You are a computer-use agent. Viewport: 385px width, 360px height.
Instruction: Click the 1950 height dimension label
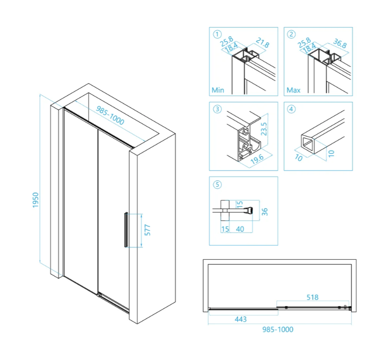pyautogui.click(x=36, y=200)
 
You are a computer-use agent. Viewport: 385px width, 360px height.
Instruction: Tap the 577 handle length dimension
pyautogui.click(x=147, y=230)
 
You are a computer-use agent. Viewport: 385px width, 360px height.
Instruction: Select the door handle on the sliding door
pyautogui.click(x=126, y=229)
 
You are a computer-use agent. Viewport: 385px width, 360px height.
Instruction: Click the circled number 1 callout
pyautogui.click(x=217, y=34)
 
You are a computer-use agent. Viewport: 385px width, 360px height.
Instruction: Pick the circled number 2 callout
pyautogui.click(x=291, y=34)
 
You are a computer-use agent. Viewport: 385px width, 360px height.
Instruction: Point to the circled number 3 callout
pyautogui.click(x=217, y=109)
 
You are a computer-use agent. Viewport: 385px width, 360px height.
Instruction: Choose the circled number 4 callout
pyautogui.click(x=291, y=109)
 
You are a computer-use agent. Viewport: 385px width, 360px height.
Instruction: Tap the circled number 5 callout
pyautogui.click(x=217, y=184)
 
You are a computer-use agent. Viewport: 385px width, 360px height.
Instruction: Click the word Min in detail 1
pyautogui.click(x=218, y=90)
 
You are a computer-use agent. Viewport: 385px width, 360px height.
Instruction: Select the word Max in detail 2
pyautogui.click(x=294, y=90)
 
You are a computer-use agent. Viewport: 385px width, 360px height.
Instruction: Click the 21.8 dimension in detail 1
pyautogui.click(x=262, y=43)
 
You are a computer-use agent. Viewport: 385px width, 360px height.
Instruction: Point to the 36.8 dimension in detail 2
pyautogui.click(x=340, y=44)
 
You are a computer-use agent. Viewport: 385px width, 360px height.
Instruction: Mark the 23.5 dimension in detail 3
pyautogui.click(x=264, y=129)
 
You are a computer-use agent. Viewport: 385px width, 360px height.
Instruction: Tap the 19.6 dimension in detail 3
pyautogui.click(x=257, y=159)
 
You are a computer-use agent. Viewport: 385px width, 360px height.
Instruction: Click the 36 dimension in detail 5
pyautogui.click(x=265, y=212)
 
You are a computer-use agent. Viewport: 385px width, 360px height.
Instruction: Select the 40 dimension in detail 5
pyautogui.click(x=240, y=229)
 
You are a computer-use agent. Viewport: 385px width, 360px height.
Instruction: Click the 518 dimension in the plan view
pyautogui.click(x=313, y=297)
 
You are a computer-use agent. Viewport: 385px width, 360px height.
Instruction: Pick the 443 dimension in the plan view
pyautogui.click(x=241, y=319)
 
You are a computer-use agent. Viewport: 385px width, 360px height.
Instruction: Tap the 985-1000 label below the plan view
pyautogui.click(x=278, y=330)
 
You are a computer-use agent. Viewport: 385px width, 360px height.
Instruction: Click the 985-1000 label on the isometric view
pyautogui.click(x=110, y=115)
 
